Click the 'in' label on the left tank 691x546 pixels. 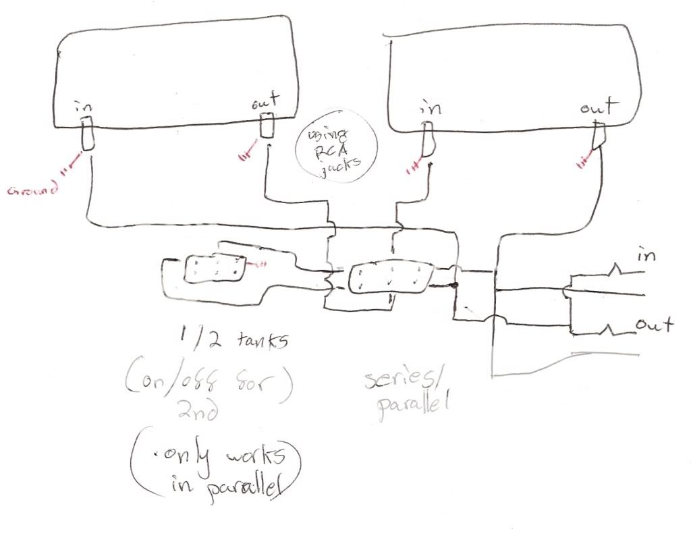point(84,107)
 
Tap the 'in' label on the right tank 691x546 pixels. point(429,107)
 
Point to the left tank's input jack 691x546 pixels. point(87,134)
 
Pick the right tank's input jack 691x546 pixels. point(428,138)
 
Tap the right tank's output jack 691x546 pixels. point(597,135)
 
